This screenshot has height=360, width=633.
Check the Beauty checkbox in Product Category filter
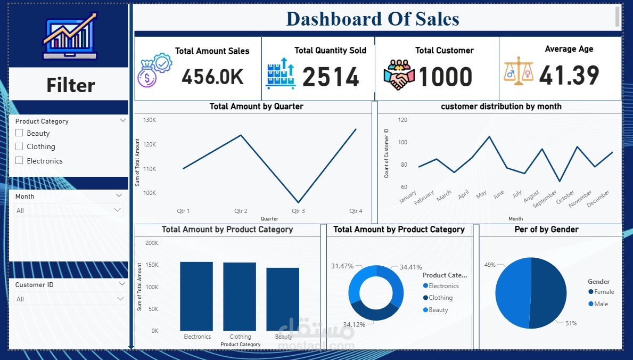19,133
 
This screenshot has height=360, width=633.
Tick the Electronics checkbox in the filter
19,160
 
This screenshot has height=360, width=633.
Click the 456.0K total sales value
212,77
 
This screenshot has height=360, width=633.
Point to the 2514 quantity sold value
331,77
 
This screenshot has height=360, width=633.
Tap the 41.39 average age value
569,76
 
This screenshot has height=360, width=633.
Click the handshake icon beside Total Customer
399,75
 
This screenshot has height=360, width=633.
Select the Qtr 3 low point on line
299,202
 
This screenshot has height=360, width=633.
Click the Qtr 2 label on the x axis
241,211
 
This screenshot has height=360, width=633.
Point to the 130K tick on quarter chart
150,120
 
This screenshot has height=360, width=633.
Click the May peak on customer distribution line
489,136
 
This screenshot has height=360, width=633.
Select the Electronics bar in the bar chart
196,296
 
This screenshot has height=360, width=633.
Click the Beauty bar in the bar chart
283,299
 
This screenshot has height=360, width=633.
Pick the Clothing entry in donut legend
440,298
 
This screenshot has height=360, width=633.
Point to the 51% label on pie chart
571,323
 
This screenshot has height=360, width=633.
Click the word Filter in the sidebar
70,85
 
